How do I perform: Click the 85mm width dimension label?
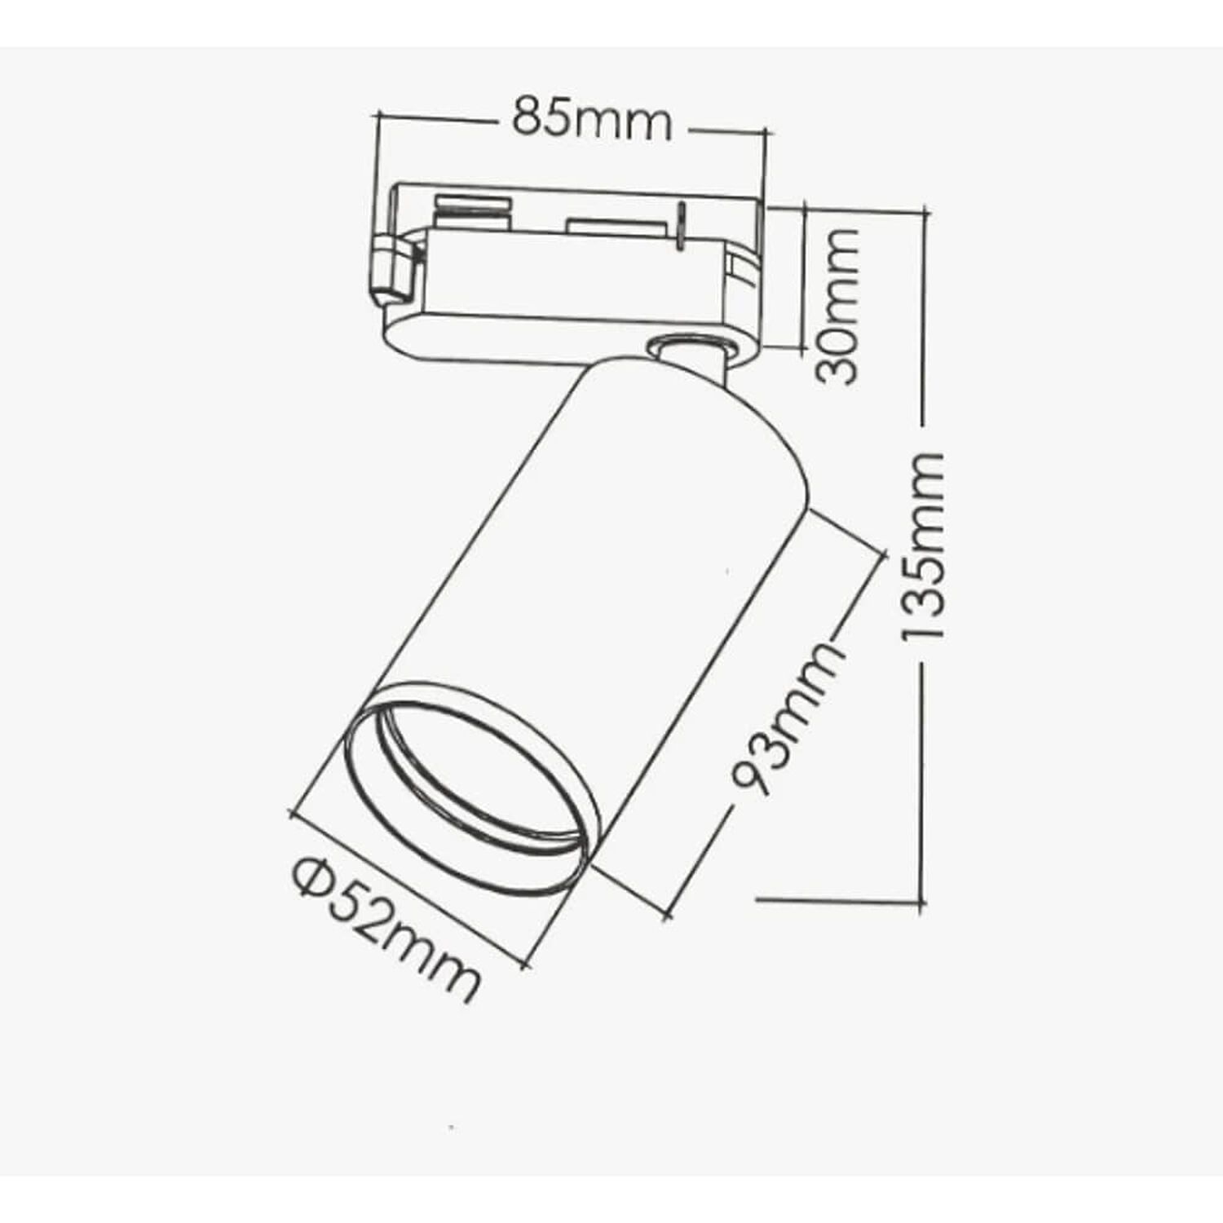[x=592, y=120]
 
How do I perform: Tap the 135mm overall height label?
[x=924, y=545]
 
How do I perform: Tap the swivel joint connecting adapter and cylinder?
[x=693, y=355]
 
